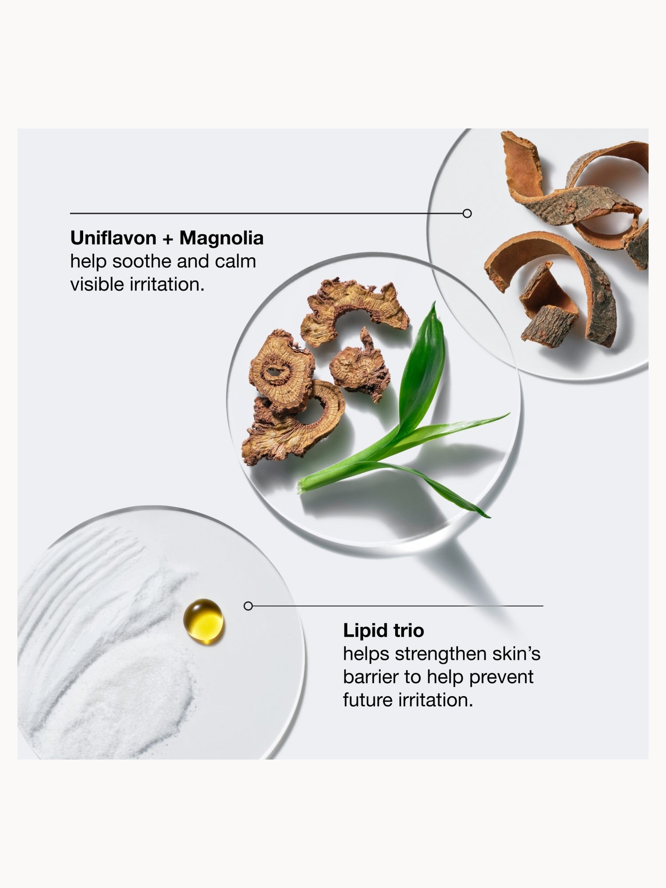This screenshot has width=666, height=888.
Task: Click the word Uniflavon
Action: click(113, 238)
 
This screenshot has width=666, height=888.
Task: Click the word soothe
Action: click(141, 261)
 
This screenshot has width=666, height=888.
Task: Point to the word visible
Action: click(97, 284)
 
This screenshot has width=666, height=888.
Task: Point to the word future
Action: click(368, 700)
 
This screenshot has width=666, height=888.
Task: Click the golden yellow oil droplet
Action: click(204, 621)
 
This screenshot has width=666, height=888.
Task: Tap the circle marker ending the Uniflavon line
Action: click(467, 214)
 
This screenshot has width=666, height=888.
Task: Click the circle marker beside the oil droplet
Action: click(248, 606)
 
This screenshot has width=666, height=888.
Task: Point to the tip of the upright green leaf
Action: click(434, 303)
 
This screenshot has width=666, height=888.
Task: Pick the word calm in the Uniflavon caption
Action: click(235, 261)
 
